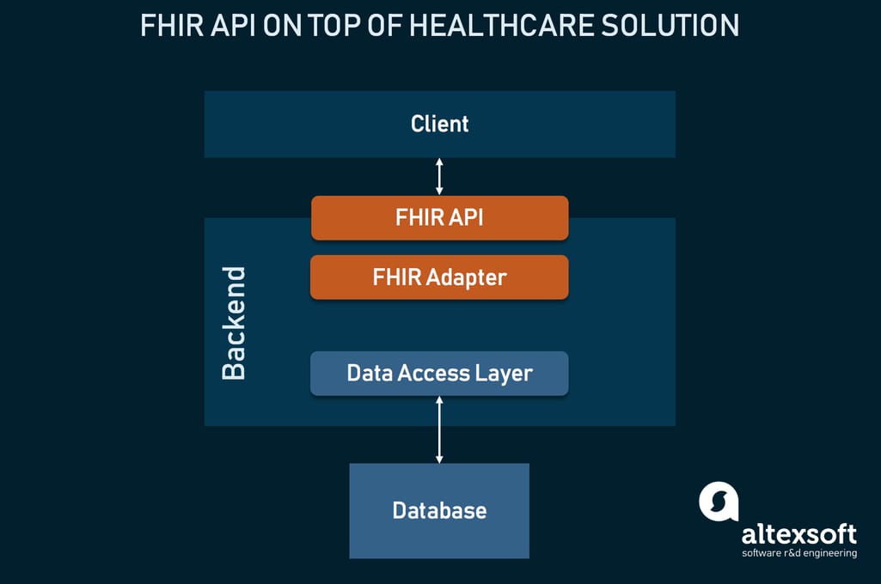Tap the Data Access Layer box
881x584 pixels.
(439, 374)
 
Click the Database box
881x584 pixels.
(439, 511)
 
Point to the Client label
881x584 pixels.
(439, 124)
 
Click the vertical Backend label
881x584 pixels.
(233, 324)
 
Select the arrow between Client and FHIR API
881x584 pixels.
(439, 176)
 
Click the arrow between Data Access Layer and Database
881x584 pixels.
(439, 429)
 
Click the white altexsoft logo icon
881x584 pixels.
(719, 502)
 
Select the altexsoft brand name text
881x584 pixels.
(798, 534)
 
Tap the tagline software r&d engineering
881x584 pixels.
(798, 553)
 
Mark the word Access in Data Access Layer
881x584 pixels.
(437, 374)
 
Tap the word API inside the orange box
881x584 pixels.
(464, 218)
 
